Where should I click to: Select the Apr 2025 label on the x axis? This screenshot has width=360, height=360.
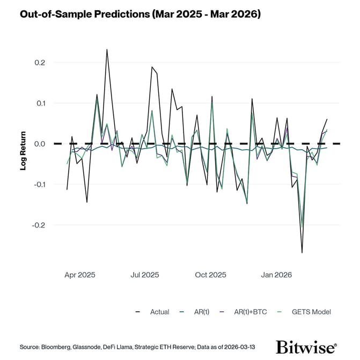pos(79,275)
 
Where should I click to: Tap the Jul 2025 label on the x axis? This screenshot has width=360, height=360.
pos(144,275)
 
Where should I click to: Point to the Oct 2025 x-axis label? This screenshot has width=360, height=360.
pos(210,275)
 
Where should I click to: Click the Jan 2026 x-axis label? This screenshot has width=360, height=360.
pos(276,275)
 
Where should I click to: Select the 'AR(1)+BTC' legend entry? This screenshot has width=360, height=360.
pos(250,312)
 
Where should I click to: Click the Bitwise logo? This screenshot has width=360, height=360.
pos(306,347)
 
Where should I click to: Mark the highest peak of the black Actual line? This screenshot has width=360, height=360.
pos(107,49)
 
